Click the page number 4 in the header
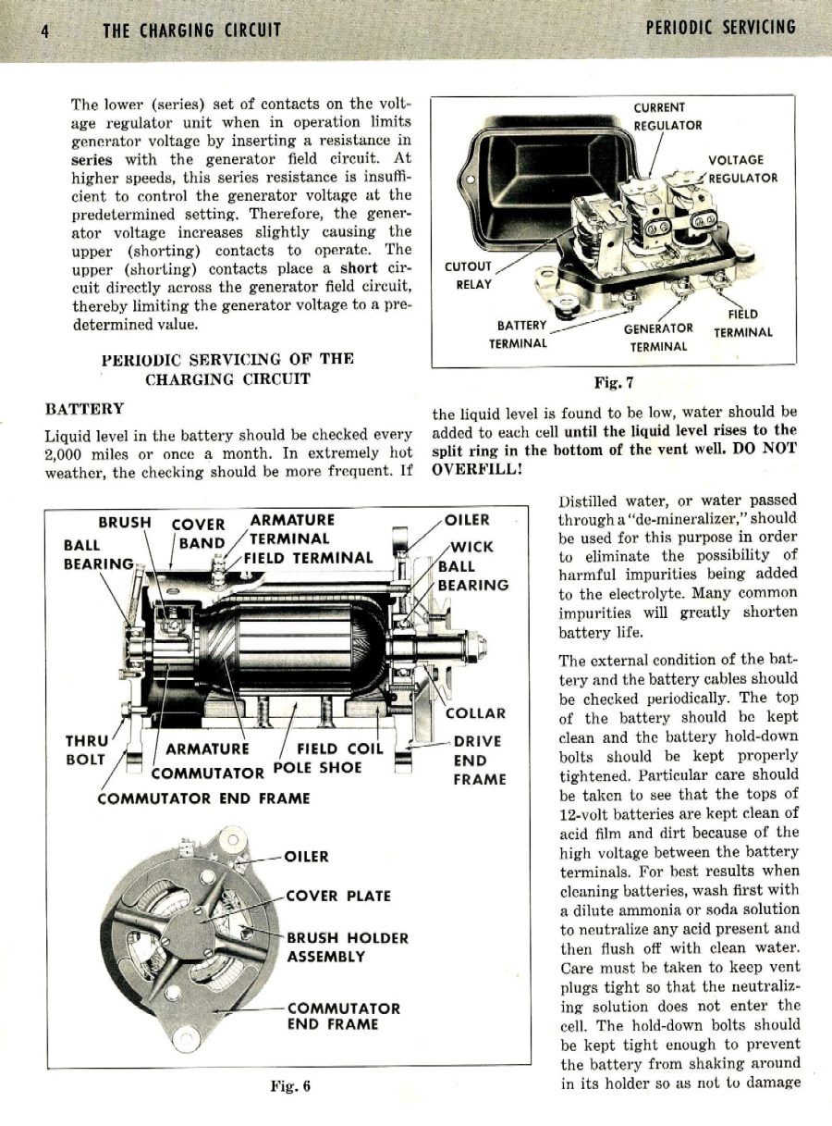pos(44,30)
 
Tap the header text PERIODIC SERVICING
pos(720,28)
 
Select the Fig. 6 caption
pos(289,1085)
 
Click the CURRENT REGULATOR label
pos(667,117)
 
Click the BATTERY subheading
pos(84,408)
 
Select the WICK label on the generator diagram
pos(471,547)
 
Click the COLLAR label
pos(475,713)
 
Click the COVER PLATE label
pos(338,896)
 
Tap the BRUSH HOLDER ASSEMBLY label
pos(347,947)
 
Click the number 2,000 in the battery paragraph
pos(67,452)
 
